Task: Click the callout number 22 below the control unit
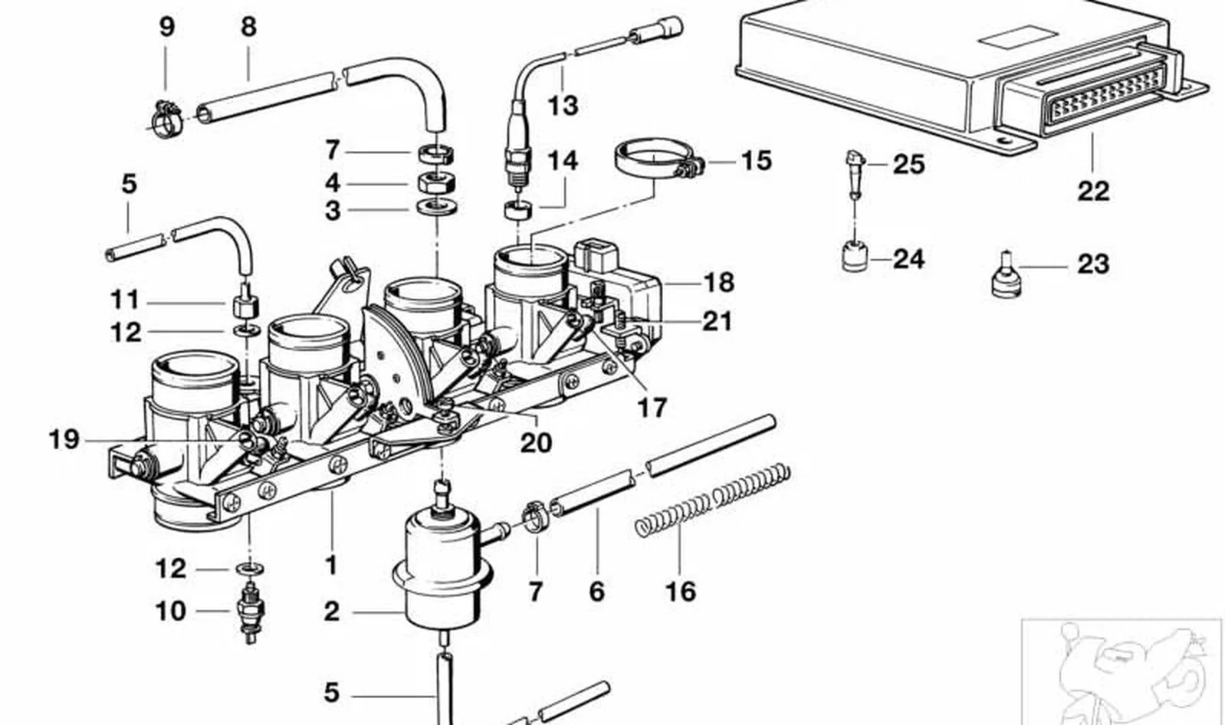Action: (1094, 191)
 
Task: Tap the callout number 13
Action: (563, 105)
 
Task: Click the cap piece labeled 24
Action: (855, 256)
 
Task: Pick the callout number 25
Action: (909, 164)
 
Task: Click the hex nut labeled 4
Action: (437, 182)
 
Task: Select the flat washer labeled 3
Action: (437, 208)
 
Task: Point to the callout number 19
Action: (64, 439)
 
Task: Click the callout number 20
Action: (536, 442)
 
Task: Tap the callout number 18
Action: (718, 283)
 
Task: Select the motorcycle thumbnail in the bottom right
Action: (1122, 672)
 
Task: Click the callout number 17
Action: (652, 408)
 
